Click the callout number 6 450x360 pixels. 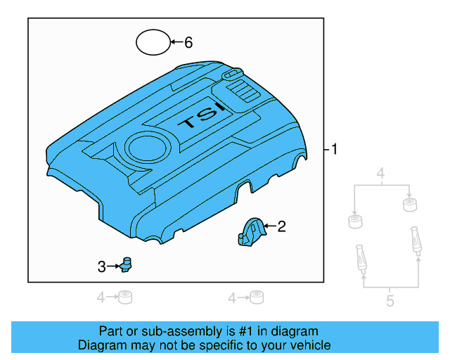[x=188, y=43]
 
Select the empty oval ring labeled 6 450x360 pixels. [x=153, y=42]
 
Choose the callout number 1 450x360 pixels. [x=335, y=149]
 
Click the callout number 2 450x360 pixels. [x=281, y=226]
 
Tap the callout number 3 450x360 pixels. [x=101, y=266]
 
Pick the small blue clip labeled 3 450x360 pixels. [x=127, y=264]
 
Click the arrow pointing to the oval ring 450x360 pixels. [x=176, y=43]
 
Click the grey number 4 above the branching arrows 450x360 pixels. [x=380, y=174]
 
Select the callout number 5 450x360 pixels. [x=390, y=302]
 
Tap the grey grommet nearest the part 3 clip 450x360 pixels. [x=125, y=297]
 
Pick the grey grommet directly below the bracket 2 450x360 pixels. [x=257, y=297]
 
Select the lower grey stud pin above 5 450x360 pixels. [x=361, y=258]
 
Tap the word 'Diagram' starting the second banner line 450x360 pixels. [x=101, y=345]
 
